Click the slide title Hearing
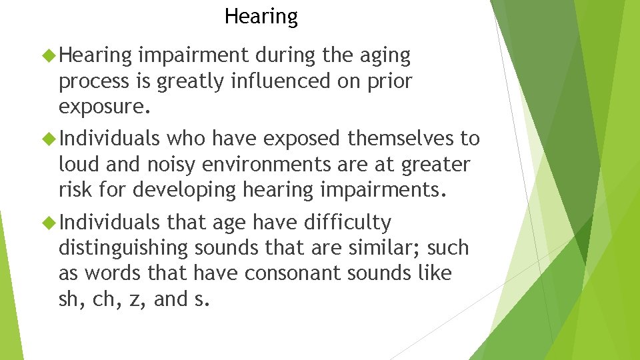tap(261, 16)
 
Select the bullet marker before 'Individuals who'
tap(49, 139)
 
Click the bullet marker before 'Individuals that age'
tap(49, 222)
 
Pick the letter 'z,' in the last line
tap(138, 299)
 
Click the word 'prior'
tap(387, 82)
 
